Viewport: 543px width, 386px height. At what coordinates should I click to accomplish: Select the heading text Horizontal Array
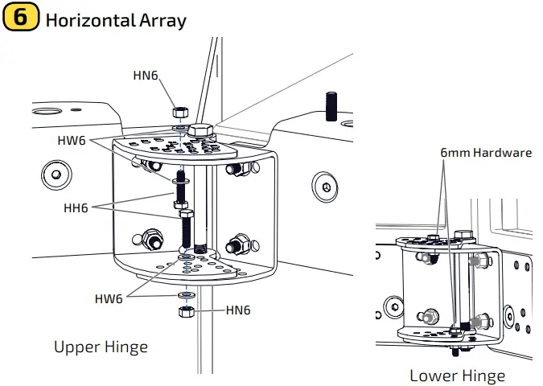pyautogui.click(x=116, y=19)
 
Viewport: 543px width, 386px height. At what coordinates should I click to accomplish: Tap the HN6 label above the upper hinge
pyautogui.click(x=146, y=76)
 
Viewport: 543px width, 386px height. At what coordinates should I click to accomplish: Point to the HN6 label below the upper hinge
pyautogui.click(x=238, y=310)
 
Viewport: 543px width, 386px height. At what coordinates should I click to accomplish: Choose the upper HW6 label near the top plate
pyautogui.click(x=74, y=139)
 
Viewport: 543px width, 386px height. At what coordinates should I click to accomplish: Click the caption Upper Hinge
pyautogui.click(x=101, y=347)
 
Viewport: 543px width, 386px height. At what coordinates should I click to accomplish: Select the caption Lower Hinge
pyautogui.click(x=457, y=376)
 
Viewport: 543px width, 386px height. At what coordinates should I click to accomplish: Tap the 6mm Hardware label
pyautogui.click(x=485, y=152)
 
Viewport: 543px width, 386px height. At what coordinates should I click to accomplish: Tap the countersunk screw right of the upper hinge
pyautogui.click(x=325, y=187)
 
